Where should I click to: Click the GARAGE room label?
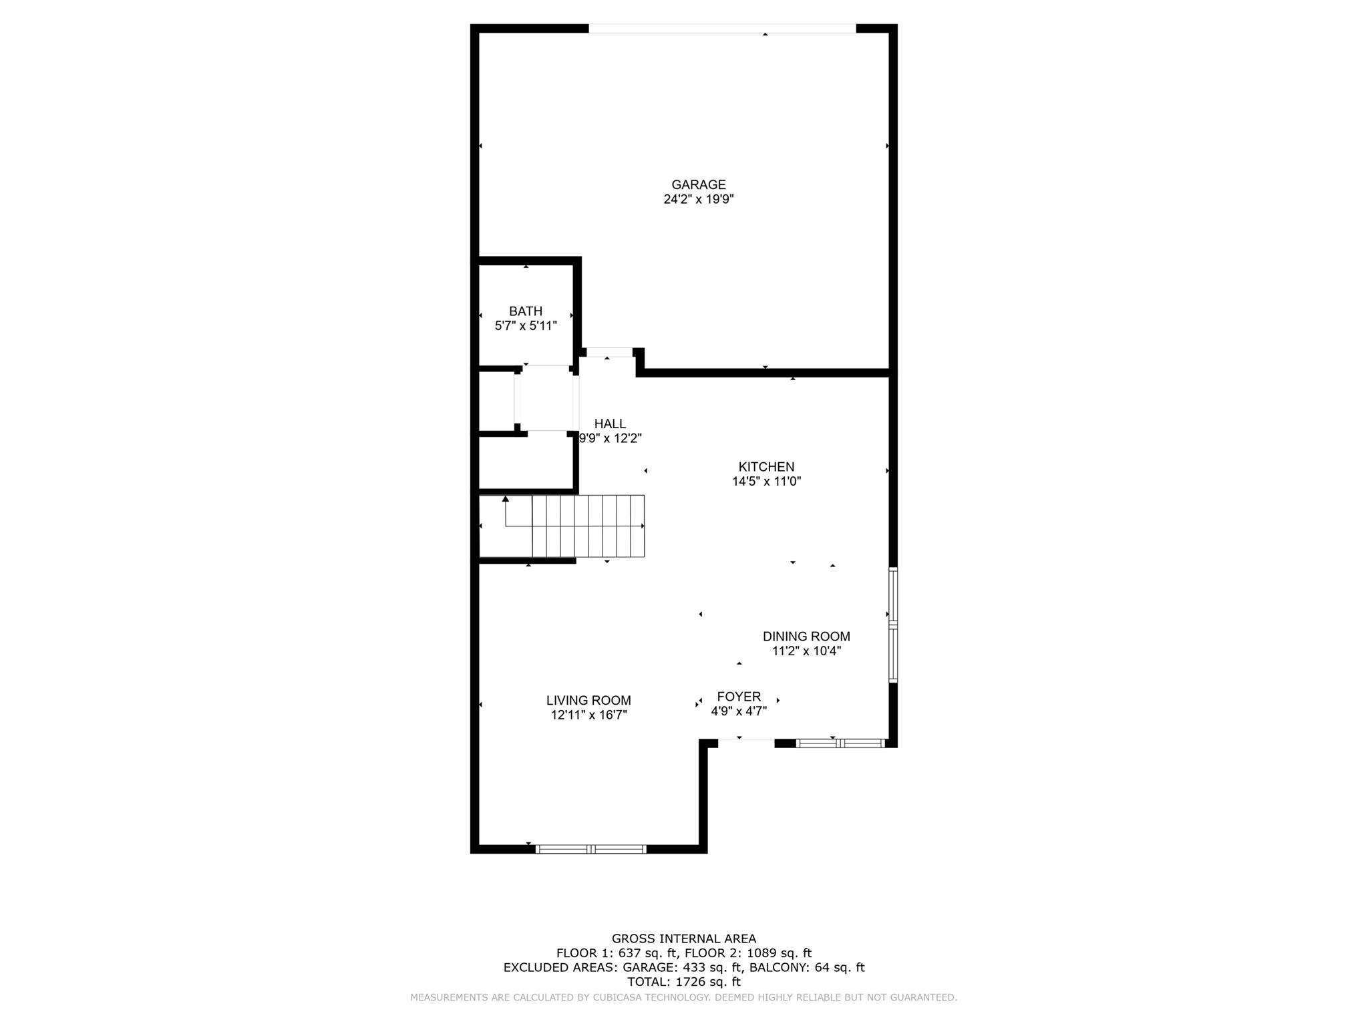pyautogui.click(x=698, y=184)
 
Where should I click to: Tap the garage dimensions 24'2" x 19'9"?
pyautogui.click(x=698, y=199)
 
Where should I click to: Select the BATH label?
pyautogui.click(x=526, y=311)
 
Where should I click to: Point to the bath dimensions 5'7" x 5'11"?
pyautogui.click(x=526, y=326)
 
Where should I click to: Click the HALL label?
pyautogui.click(x=610, y=423)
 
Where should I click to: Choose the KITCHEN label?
pyautogui.click(x=766, y=467)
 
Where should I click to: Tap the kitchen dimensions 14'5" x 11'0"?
pyautogui.click(x=766, y=481)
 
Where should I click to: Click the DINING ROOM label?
pyautogui.click(x=806, y=637)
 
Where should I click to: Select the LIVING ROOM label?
pyautogui.click(x=588, y=701)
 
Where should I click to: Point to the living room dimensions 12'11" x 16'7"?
pyautogui.click(x=588, y=715)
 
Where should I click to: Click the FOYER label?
pyautogui.click(x=739, y=697)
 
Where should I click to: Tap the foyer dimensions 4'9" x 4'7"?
pyautogui.click(x=739, y=711)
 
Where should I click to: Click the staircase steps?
pyautogui.click(x=588, y=526)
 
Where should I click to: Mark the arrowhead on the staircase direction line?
pyautogui.click(x=506, y=499)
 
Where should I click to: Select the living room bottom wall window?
pyautogui.click(x=591, y=849)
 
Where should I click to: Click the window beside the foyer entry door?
pyautogui.click(x=840, y=743)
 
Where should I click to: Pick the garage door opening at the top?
pyautogui.click(x=721, y=29)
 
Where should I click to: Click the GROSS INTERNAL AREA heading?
pyautogui.click(x=684, y=938)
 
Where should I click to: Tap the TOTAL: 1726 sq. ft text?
pyautogui.click(x=684, y=982)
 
